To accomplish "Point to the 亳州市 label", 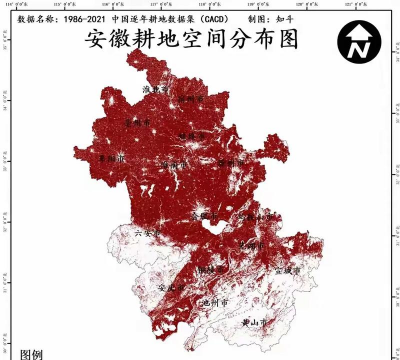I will point(135,122).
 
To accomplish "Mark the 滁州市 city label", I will point(232,160).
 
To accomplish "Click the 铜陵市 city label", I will point(211,269).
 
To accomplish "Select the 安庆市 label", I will point(175,287).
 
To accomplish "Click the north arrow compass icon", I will point(358,42).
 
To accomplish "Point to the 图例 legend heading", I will point(31,353).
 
